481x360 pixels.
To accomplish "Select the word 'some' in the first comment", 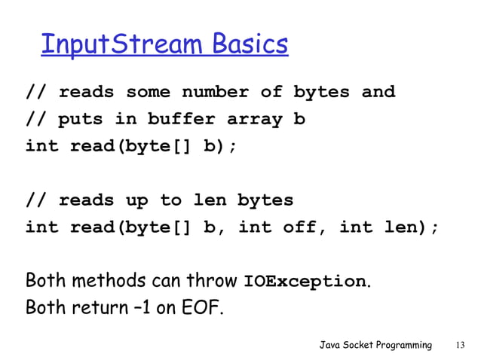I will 148,93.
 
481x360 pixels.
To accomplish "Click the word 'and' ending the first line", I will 378,93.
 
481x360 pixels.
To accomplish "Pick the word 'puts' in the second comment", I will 81,119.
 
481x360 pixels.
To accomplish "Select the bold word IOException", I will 305,282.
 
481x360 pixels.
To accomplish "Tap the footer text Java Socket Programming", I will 375,345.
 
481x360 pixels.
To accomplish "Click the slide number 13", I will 461,345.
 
